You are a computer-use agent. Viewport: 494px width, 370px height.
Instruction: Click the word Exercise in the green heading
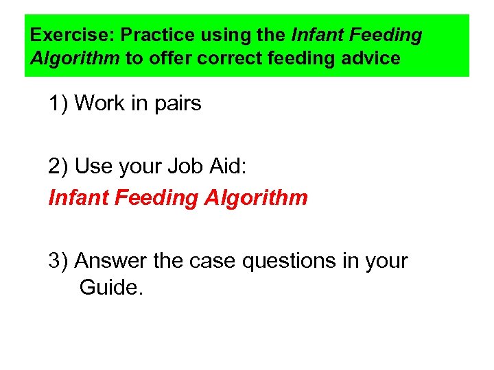63,34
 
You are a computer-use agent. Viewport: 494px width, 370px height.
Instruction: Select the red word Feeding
152,199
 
